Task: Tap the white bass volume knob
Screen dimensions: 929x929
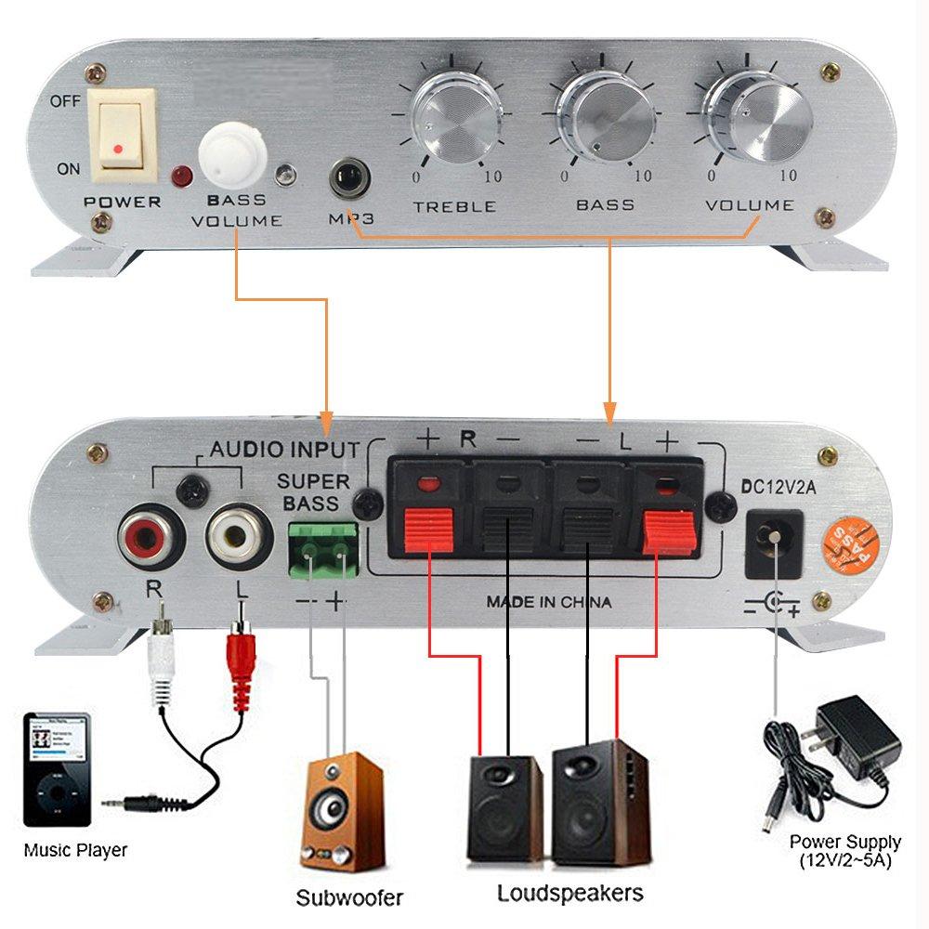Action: [232, 151]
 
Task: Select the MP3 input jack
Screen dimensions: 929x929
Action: [349, 177]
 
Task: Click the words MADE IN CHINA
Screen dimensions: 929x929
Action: [549, 602]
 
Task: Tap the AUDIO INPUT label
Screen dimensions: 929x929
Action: [283, 450]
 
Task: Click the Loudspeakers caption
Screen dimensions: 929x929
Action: [569, 894]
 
